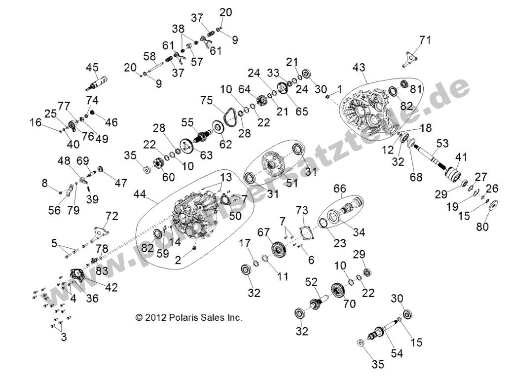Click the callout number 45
point(92,67)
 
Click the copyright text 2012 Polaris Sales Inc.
point(189,318)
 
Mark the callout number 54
point(397,353)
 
